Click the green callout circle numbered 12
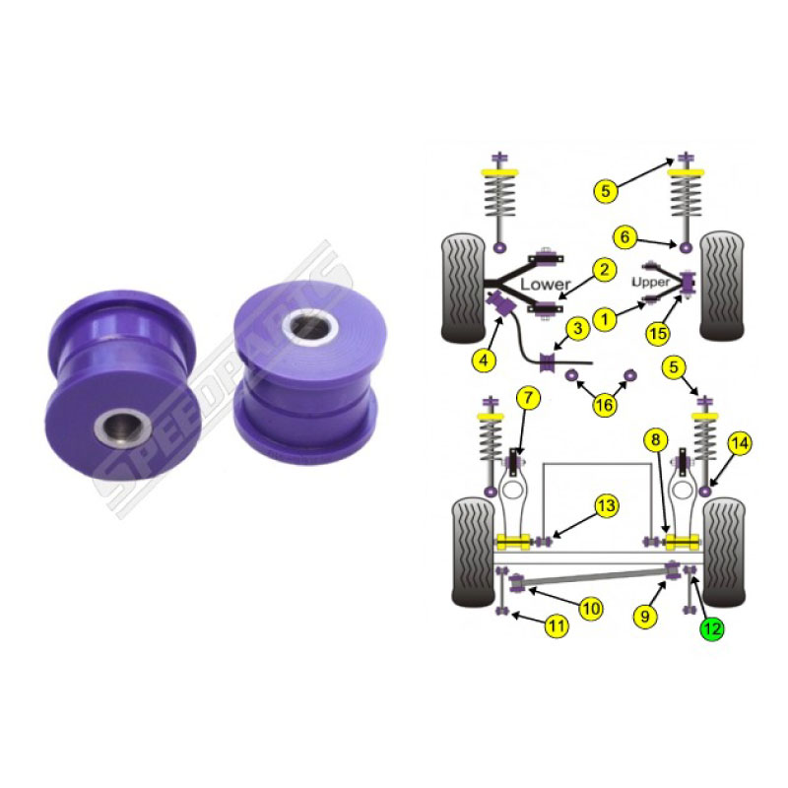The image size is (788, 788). click(711, 628)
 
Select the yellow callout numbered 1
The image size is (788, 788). click(605, 319)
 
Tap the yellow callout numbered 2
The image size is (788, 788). click(604, 270)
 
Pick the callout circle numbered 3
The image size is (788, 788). click(578, 329)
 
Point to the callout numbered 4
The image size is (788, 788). click(484, 360)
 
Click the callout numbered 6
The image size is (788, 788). click(625, 236)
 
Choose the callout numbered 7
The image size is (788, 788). click(528, 399)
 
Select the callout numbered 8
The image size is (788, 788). click(655, 440)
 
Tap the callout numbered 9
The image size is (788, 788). click(645, 616)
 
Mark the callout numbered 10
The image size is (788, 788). click(591, 609)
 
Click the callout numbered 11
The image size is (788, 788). click(556, 626)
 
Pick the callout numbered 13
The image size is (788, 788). click(607, 505)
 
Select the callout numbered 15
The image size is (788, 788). click(658, 333)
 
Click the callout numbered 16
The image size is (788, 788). click(605, 405)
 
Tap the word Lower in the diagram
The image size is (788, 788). click(546, 284)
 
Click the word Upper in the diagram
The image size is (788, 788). click(651, 282)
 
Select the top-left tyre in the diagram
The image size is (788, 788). click(463, 288)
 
